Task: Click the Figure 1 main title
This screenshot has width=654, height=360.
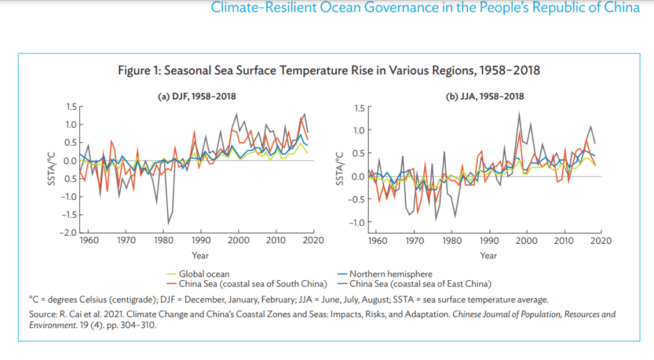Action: pos(329,70)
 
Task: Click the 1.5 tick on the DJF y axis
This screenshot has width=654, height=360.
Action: pos(72,107)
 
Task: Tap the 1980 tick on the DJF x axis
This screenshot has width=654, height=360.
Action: pos(163,241)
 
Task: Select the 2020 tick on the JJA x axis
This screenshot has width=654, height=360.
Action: pos(601,241)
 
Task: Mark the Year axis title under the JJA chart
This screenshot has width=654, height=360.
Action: pos(489,256)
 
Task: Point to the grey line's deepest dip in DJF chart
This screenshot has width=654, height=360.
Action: pos(169,223)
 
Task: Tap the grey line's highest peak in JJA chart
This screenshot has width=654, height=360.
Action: pos(519,112)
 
